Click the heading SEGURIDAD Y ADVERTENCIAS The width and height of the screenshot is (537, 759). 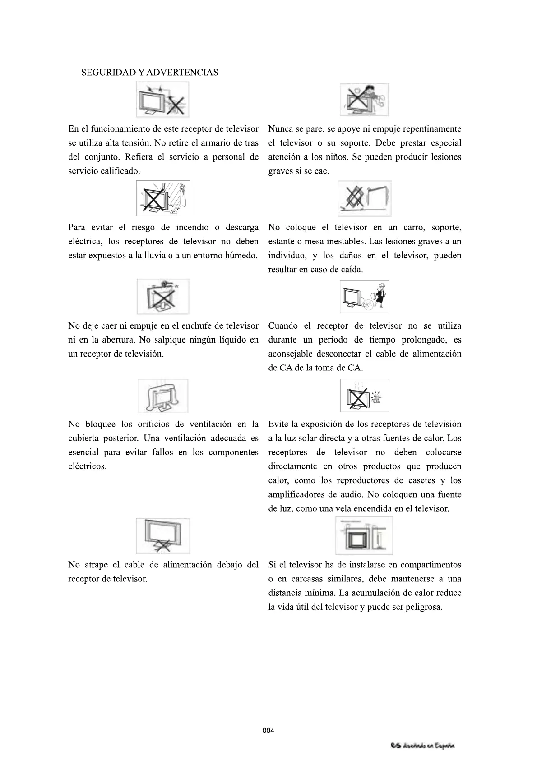tap(149, 73)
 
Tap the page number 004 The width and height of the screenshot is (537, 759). tap(268, 731)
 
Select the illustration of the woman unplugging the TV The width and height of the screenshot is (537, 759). tap(364, 297)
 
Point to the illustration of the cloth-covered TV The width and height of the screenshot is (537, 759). tap(163, 396)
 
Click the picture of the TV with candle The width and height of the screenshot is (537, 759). tap(364, 395)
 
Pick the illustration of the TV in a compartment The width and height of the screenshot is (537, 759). tap(364, 535)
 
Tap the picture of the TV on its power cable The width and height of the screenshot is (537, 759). tap(163, 535)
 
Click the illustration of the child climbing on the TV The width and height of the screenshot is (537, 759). tap(364, 100)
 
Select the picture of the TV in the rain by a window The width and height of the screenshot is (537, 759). tap(163, 198)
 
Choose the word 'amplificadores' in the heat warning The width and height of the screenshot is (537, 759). tap(296, 495)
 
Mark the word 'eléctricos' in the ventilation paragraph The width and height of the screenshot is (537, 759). tap(87, 466)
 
